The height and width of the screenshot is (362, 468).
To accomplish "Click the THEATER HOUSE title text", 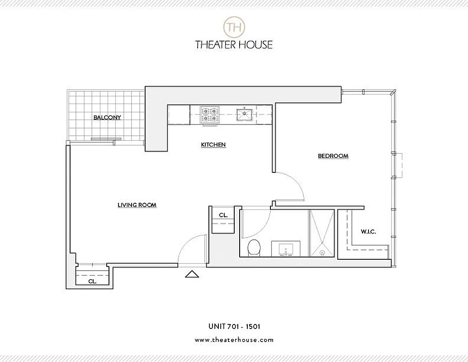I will coord(234,44).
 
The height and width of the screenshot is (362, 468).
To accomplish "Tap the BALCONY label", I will coord(107,118).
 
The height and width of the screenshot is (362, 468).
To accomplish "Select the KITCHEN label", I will coord(213,145).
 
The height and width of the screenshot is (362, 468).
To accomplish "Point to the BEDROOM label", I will coord(333,156).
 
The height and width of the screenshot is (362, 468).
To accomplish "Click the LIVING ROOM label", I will coord(137,205).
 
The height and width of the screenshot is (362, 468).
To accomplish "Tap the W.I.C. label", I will coord(368,232).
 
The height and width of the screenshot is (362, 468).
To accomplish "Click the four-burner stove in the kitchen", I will coord(210,114).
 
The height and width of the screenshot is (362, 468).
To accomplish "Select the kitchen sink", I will coord(245,114).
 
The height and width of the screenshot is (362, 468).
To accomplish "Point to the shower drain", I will coord(322,253).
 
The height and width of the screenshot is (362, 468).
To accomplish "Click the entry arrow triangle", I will coord(192,274).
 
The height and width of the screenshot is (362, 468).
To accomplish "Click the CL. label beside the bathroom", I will coord(223,215).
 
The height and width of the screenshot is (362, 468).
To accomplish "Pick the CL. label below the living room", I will coord(92,281).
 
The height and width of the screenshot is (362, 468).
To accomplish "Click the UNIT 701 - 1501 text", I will coord(234,326).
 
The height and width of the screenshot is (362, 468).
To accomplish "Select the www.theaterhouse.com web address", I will coord(234,339).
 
